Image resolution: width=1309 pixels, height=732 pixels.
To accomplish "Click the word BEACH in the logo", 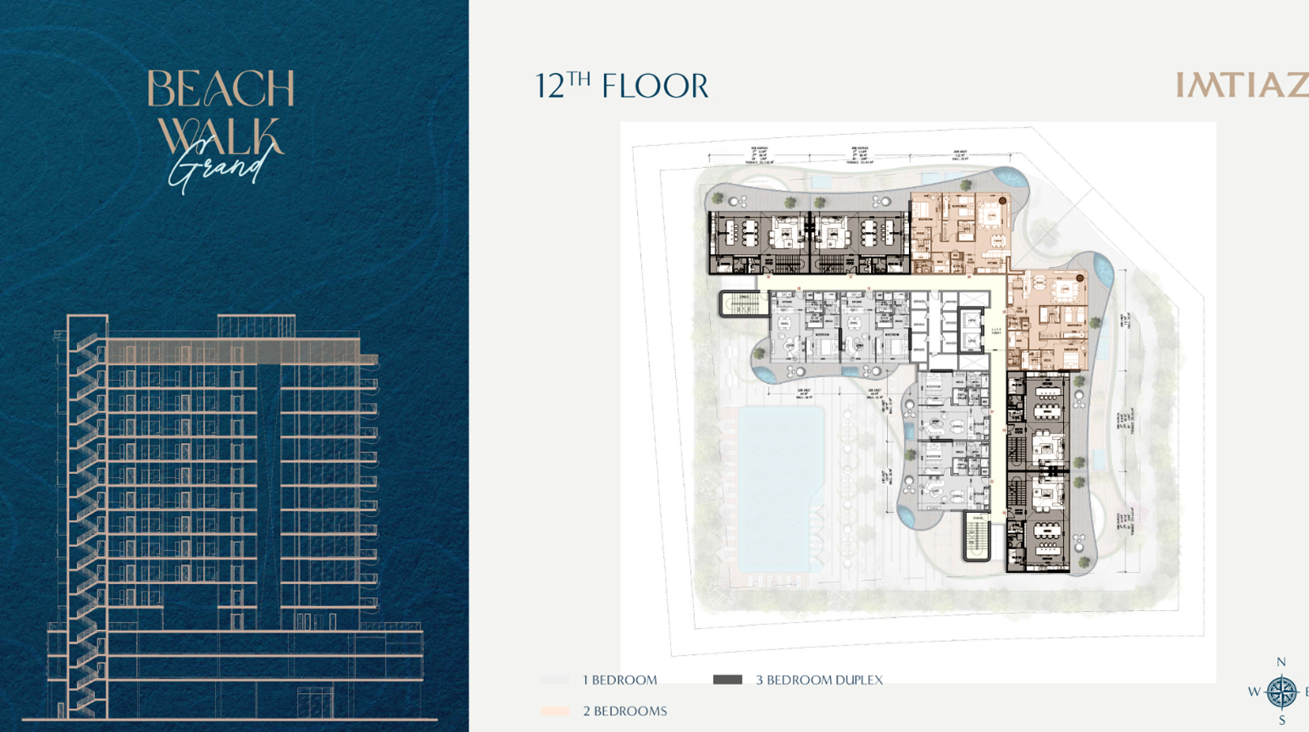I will (x=220, y=89).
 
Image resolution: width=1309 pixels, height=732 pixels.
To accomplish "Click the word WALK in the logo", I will (x=219, y=136).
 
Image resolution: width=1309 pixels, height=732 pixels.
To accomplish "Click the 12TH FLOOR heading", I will (x=622, y=86).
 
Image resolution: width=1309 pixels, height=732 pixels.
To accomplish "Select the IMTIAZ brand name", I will (x=1242, y=86).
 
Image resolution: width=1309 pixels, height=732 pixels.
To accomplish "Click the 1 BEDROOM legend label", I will (x=620, y=680).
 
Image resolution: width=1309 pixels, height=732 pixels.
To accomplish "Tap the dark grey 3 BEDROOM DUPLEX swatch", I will (x=727, y=680).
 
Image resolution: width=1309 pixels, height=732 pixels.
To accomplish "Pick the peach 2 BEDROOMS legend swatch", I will (x=555, y=711).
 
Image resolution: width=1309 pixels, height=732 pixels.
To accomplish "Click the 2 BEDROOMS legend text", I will (x=625, y=711).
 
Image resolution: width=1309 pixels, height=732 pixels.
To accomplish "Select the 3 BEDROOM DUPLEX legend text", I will (x=819, y=680).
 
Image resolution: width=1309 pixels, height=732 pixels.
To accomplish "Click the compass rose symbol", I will (x=1281, y=692).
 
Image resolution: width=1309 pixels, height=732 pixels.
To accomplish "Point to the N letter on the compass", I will (x=1281, y=662).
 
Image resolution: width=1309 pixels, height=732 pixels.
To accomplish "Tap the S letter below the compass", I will (x=1281, y=721).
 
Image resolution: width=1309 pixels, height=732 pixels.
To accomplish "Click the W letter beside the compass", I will (x=1254, y=692).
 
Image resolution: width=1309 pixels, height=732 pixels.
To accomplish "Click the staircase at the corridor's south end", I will (x=977, y=536).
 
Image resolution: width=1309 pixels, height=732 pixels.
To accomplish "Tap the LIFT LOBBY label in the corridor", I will (x=997, y=330).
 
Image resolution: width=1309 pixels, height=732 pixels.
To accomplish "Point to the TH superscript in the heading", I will (x=579, y=78).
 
